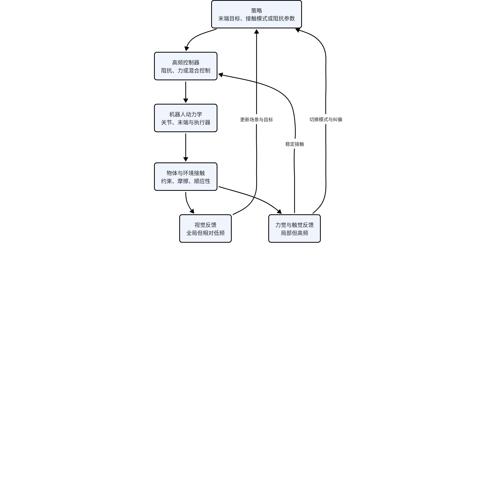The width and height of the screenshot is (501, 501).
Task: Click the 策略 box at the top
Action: pos(256,14)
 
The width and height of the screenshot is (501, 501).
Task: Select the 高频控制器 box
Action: pos(186,66)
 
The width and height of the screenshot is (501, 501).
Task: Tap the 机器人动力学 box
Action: pos(186,118)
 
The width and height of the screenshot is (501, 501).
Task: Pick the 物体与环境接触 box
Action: pos(186,177)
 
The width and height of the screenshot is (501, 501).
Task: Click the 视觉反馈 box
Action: pos(205,228)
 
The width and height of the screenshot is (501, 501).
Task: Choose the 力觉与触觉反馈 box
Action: pos(295,228)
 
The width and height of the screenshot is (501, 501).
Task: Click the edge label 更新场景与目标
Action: pos(256,120)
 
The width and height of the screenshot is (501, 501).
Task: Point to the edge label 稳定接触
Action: pos(295,144)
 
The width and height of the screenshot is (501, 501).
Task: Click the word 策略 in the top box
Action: pos(256,10)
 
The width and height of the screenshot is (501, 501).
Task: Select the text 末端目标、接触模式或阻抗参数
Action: pos(256,18)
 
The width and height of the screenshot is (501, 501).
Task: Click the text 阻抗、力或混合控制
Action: pos(186,70)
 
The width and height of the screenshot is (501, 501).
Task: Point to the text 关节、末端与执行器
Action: pos(186,122)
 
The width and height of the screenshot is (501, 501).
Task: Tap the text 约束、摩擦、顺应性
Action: pos(186,181)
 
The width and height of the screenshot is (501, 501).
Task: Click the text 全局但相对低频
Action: pos(205,233)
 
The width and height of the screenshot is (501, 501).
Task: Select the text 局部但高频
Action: pos(295,233)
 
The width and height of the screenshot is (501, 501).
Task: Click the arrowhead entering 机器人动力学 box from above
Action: pos(186,101)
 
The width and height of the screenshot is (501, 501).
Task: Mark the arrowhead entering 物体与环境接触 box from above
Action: pos(186,159)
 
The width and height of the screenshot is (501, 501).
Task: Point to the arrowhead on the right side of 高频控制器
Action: pos(221,75)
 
